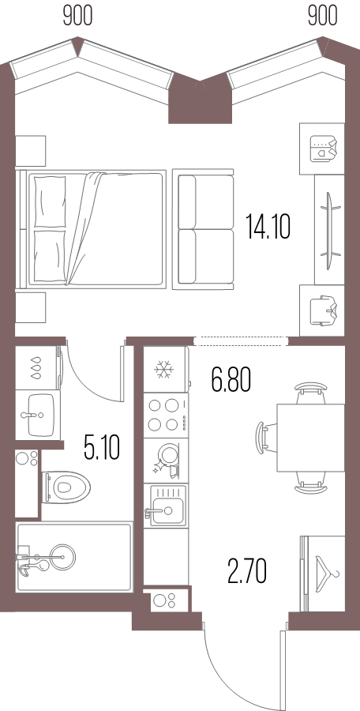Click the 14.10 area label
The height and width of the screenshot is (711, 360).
pos(268,228)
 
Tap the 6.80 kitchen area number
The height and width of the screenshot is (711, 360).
pos(231,379)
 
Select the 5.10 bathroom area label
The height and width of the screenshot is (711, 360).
pos(102,446)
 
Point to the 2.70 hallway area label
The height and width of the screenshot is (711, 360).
pos(246,571)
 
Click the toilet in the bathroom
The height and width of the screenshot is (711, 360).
pos(66,487)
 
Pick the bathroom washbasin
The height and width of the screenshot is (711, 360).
pos(38,414)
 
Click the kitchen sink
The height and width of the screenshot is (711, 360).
pos(166,506)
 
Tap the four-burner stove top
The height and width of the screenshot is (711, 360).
pos(166,415)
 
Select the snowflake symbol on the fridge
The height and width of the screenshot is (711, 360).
pos(163,369)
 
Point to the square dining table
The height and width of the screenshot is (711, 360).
pos(310,437)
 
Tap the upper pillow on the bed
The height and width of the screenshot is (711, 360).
pos(51,201)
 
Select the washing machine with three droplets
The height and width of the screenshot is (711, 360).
pos(38,367)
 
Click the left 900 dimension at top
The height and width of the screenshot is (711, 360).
pos(77,17)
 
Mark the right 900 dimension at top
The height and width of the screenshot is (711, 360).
pos(322,17)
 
